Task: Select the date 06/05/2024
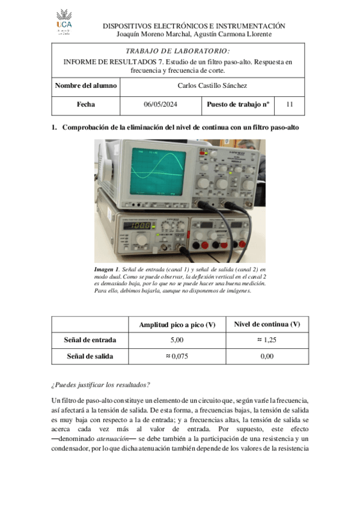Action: coord(159,105)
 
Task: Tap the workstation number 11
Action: coord(289,105)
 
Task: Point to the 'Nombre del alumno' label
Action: coord(85,86)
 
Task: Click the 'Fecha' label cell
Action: coord(85,105)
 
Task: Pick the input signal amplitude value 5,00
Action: coord(177,340)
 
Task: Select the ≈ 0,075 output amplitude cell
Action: coord(177,356)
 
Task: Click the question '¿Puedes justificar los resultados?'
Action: coord(101,385)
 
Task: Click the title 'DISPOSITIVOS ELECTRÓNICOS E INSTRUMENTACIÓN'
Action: coord(194,26)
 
